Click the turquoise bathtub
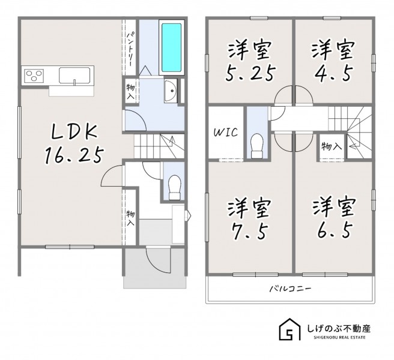(x=171, y=47)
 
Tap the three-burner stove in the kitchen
(x=34, y=76)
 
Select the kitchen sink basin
(x=74, y=75)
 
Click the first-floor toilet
(x=175, y=187)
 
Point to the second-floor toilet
(x=257, y=146)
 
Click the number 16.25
(x=74, y=155)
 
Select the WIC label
(x=226, y=133)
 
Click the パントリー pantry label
(x=130, y=49)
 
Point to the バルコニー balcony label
(x=291, y=289)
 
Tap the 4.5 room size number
(x=333, y=73)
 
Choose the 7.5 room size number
(x=249, y=231)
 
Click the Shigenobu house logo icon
(x=289, y=329)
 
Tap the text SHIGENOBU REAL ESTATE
(x=339, y=337)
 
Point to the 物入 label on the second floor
(x=332, y=146)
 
